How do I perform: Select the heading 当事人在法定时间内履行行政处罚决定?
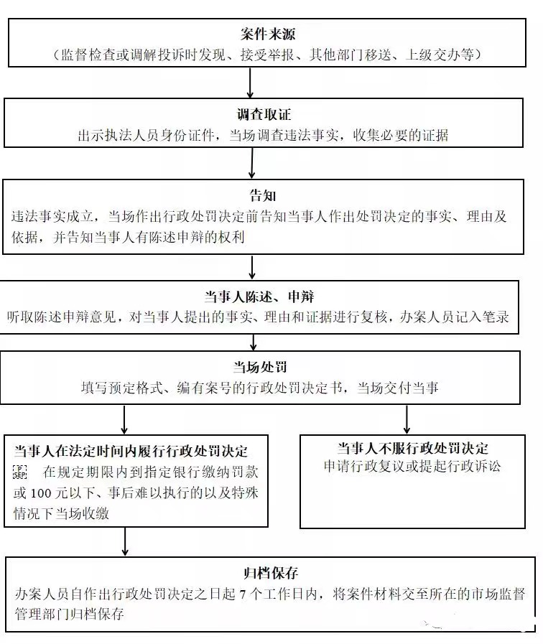coord(131,451)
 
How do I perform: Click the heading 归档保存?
coord(271,573)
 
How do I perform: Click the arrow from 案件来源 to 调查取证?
coord(250,83)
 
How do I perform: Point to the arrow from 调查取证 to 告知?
coord(251,163)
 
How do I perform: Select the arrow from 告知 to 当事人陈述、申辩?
coord(252,266)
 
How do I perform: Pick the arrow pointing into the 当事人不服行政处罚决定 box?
coord(407,419)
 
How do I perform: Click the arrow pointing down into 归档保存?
coord(126,541)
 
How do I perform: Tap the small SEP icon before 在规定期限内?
coord(19,472)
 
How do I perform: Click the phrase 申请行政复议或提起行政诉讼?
coord(412,465)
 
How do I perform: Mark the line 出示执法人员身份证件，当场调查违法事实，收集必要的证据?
coord(263,135)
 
